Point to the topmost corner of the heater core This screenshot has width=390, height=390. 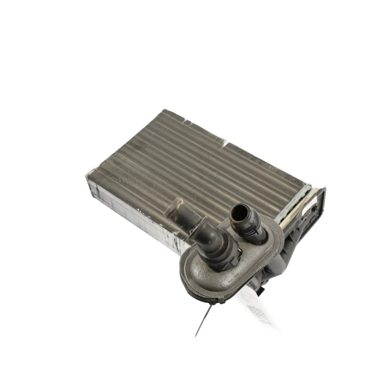tap(165, 110)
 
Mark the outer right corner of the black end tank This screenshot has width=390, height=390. tap(325, 189)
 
